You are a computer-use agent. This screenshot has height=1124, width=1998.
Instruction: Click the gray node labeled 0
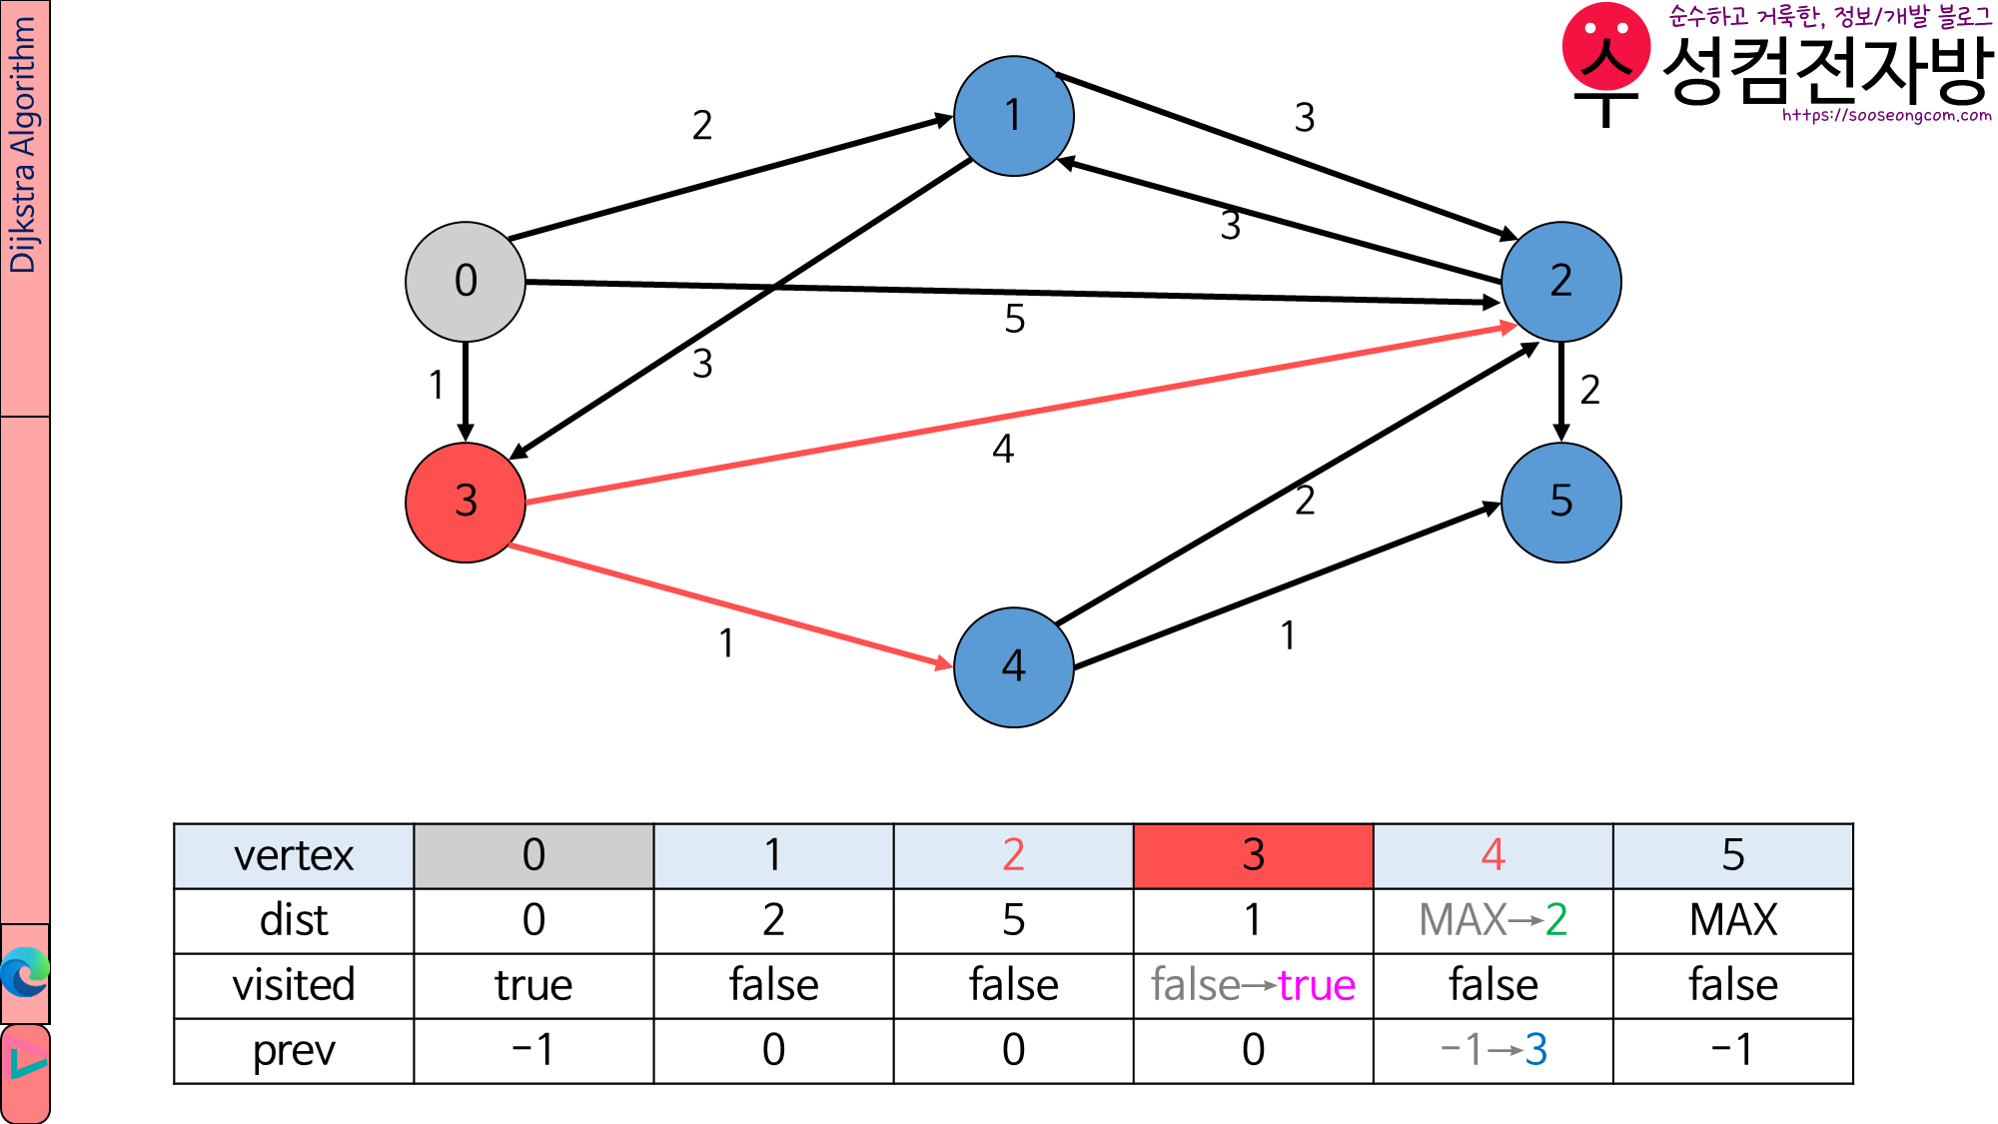(466, 282)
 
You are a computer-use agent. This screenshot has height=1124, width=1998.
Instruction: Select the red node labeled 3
(466, 502)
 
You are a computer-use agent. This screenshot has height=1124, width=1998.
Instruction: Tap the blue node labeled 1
(1014, 116)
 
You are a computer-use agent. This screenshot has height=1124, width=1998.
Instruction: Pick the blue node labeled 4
(1014, 666)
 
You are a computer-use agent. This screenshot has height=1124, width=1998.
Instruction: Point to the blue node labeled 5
(1561, 502)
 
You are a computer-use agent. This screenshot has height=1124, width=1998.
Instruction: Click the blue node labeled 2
(1561, 282)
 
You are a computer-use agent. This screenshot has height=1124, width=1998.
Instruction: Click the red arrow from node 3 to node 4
(729, 604)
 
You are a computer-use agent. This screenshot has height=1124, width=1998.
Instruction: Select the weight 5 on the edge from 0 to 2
(1015, 320)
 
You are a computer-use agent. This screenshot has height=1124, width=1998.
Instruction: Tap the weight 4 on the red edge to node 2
(1003, 450)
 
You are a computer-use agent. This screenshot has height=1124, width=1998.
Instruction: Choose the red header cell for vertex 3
(1253, 856)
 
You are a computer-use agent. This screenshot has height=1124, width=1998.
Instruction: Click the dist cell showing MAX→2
(1493, 920)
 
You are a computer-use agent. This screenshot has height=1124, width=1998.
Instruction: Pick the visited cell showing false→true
(1253, 985)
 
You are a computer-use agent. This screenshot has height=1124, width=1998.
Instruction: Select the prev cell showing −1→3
(1493, 1050)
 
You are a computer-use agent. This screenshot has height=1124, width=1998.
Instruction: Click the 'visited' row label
(294, 985)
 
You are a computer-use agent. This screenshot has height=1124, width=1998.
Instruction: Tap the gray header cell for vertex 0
(533, 856)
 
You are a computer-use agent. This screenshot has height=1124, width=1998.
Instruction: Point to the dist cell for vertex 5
(1732, 920)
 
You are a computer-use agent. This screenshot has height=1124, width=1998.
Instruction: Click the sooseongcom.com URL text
(1886, 116)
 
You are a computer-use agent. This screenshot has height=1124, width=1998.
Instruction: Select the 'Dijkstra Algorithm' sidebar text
(24, 145)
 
